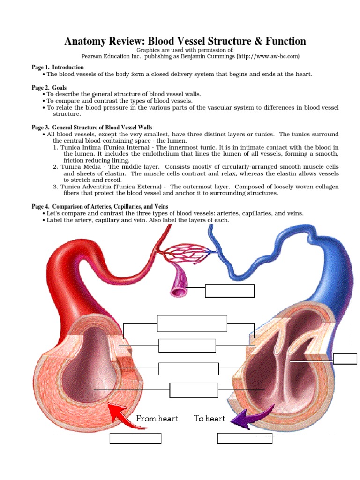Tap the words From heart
(x=157, y=419)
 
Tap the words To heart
(x=210, y=419)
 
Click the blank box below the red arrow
(x=135, y=438)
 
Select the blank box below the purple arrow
(x=245, y=438)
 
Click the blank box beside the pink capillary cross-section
(x=230, y=291)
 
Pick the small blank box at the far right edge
(x=345, y=359)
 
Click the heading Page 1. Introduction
(x=58, y=67)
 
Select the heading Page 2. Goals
(x=49, y=88)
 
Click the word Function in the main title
(x=282, y=41)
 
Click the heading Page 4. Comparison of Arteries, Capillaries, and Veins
(x=100, y=207)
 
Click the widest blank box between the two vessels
(x=192, y=323)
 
